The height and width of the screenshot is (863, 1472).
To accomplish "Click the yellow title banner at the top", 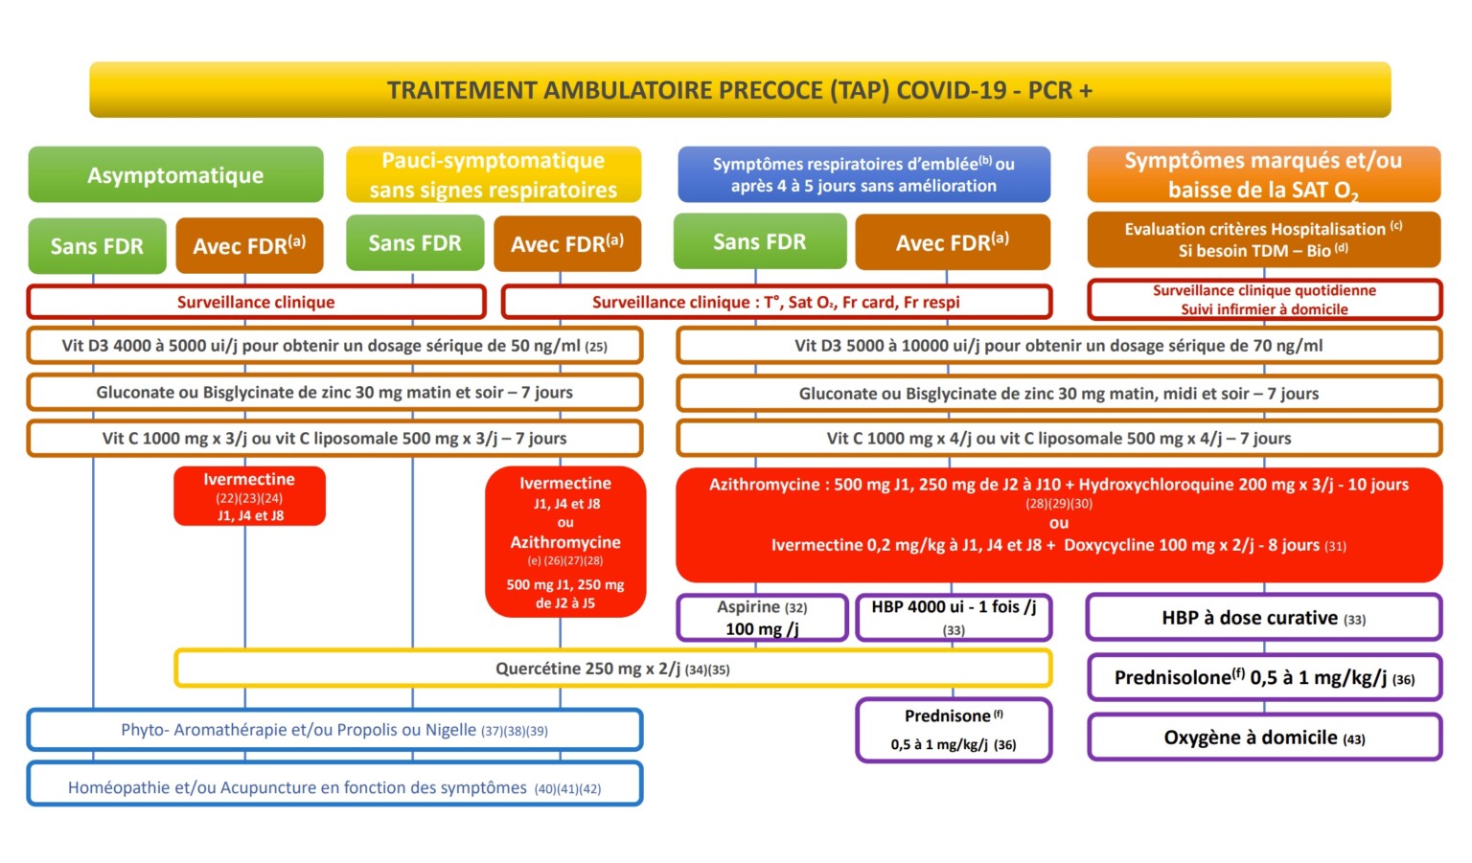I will point(740,90).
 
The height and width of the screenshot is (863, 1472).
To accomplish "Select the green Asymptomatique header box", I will point(175,175).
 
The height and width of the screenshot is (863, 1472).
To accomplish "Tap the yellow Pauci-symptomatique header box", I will point(494,174).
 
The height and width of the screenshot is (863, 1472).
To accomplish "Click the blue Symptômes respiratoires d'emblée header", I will point(863,174).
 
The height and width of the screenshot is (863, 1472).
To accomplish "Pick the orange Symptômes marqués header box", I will point(1263,174).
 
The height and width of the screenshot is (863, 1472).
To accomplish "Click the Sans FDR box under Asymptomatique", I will point(97,246).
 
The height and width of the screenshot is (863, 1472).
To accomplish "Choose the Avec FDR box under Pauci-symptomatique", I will point(567,244).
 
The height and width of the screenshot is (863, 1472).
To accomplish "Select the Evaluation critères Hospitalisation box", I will point(1263,239).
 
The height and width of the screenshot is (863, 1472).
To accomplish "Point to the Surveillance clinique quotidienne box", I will point(1264,300).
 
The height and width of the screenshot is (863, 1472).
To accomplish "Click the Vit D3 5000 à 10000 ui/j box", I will point(1058,346).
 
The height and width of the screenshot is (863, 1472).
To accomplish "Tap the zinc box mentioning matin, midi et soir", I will point(1058,393).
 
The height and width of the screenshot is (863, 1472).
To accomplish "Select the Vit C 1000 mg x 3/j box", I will point(334,438).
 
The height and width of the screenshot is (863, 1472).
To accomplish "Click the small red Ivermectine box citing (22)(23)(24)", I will point(249,496).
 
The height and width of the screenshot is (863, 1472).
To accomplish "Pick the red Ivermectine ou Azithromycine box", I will point(565,542).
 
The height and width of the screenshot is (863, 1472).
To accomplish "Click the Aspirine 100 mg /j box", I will point(762,618).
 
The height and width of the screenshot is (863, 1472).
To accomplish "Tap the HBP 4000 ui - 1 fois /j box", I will point(954,618).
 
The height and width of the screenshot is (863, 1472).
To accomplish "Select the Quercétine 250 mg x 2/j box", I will point(612,669).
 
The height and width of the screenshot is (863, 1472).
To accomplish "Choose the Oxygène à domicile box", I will point(1264,738).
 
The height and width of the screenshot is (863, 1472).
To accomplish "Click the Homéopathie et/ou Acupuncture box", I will point(334,787).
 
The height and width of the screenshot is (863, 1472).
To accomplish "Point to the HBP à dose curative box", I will point(1264,618).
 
